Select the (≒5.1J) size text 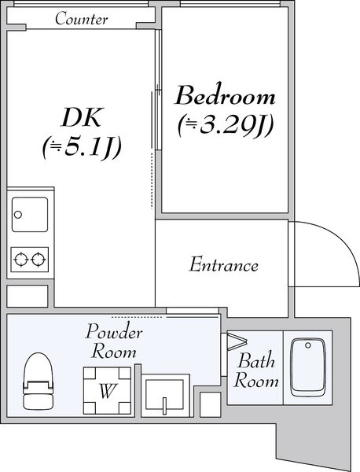click(x=83, y=146)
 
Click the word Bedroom click(x=225, y=97)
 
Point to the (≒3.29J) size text click(x=225, y=124)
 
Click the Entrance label click(x=223, y=265)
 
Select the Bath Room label click(x=258, y=371)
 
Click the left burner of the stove click(x=21, y=257)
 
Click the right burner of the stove click(x=39, y=257)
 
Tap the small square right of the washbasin click(x=210, y=404)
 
